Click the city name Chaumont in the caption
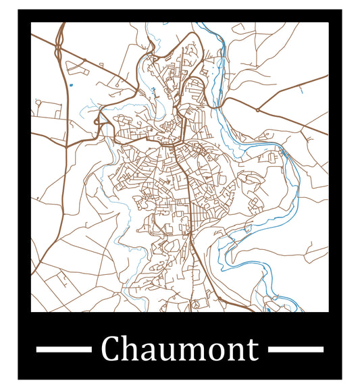pyautogui.click(x=180, y=349)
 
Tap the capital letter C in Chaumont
pyautogui.click(x=112, y=350)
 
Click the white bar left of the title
pyautogui.click(x=63, y=349)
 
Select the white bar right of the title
pyautogui.click(x=296, y=349)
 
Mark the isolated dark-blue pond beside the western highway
pyautogui.click(x=70, y=85)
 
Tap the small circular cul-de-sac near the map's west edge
pyautogui.click(x=38, y=103)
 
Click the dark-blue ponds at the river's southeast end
pyautogui.click(x=268, y=308)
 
